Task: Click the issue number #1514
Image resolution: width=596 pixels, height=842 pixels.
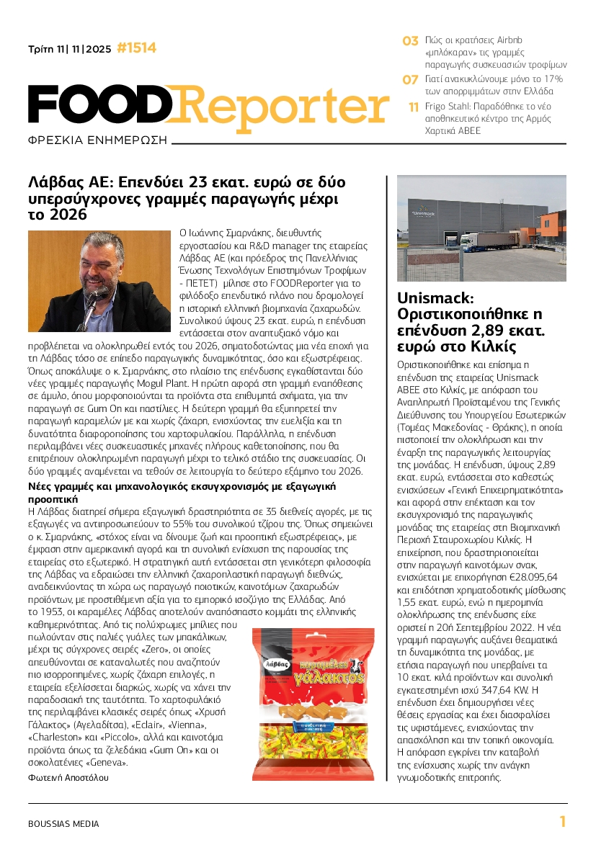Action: [136, 48]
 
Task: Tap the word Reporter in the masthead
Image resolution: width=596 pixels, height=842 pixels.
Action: [281, 104]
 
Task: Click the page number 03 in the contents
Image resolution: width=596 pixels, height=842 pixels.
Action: [410, 41]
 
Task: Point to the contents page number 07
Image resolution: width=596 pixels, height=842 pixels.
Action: [410, 79]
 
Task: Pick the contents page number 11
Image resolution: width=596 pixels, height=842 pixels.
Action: [414, 107]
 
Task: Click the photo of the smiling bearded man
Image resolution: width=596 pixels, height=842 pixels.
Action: [99, 281]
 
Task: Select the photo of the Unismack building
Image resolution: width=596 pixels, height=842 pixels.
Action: [482, 229]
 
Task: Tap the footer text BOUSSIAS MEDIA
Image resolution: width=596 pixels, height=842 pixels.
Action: [63, 824]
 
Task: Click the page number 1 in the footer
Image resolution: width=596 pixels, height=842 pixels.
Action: [563, 822]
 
